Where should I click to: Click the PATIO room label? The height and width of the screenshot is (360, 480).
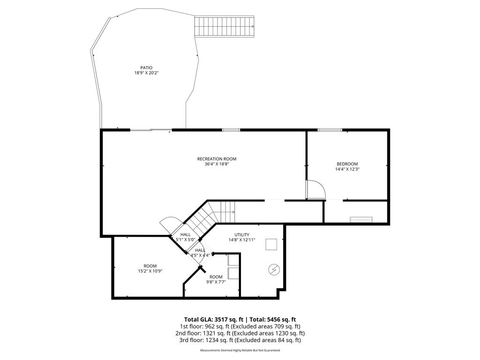[146, 67]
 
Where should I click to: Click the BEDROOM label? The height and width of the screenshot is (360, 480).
[347, 164]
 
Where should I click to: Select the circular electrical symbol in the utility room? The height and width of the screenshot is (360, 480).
[274, 270]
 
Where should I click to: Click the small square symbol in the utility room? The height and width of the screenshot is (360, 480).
[271, 244]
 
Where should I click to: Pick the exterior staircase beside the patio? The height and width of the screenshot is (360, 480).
[225, 26]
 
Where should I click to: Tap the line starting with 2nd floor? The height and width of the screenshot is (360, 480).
[240, 333]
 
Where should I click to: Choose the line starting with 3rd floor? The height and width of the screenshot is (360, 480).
[240, 340]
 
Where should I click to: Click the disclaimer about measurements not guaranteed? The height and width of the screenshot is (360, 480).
[240, 351]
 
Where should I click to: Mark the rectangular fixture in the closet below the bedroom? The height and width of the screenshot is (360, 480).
[361, 219]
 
